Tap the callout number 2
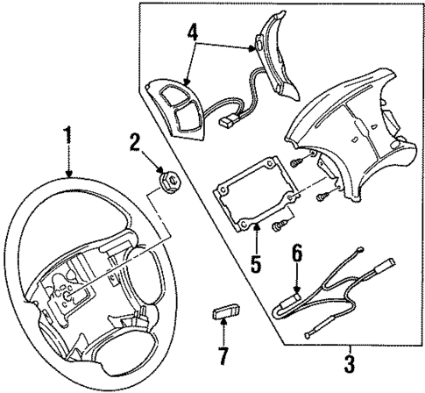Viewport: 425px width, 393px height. click(136, 141)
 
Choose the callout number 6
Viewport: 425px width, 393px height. click(296, 254)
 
